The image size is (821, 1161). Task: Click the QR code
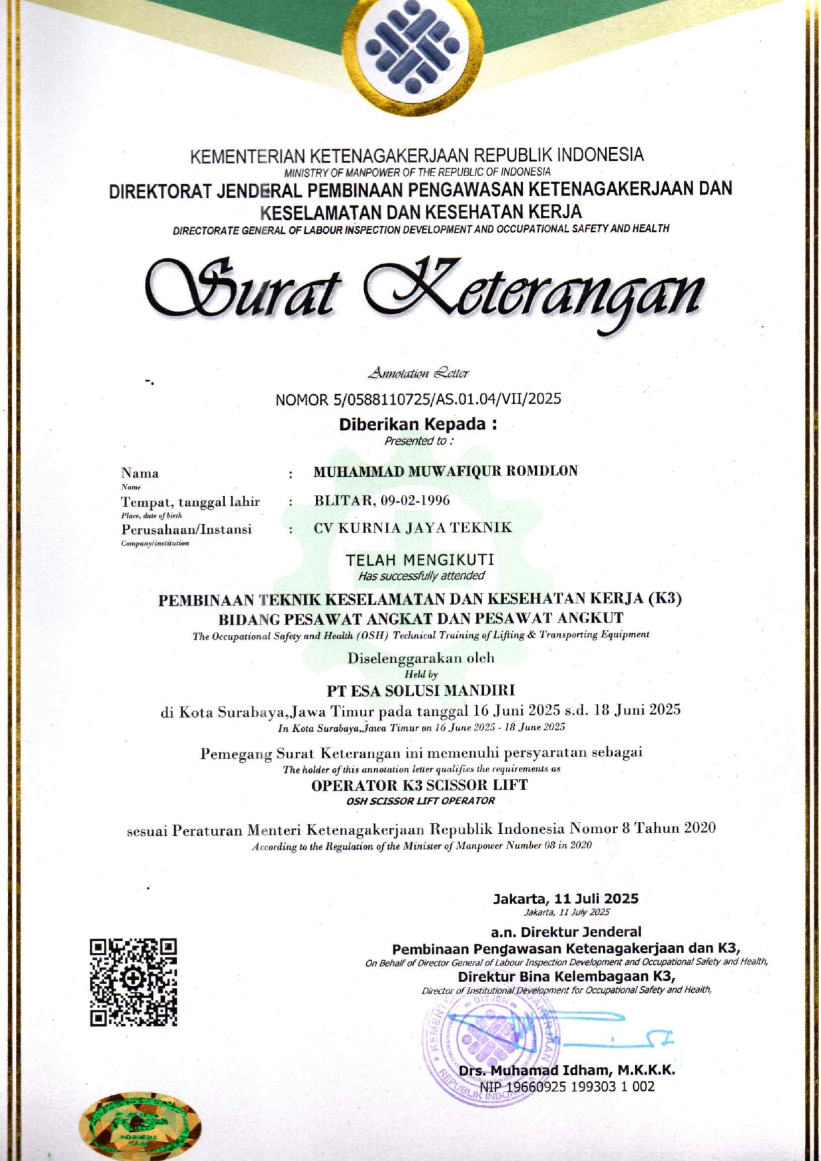[133, 982]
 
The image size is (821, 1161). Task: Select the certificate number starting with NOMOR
[418, 399]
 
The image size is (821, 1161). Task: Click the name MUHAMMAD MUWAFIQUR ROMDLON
[445, 471]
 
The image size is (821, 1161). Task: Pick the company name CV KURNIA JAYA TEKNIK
[412, 528]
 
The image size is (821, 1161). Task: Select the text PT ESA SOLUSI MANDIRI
[420, 691]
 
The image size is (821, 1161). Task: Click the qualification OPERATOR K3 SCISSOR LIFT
[419, 785]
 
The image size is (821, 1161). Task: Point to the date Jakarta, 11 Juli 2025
[565, 898]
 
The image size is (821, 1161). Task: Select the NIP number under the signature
[567, 1087]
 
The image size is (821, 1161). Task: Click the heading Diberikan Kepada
[417, 424]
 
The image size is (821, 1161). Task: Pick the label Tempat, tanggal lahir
[190, 502]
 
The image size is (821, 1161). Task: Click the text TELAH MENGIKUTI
[420, 560]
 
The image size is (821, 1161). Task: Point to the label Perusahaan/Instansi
[186, 529]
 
